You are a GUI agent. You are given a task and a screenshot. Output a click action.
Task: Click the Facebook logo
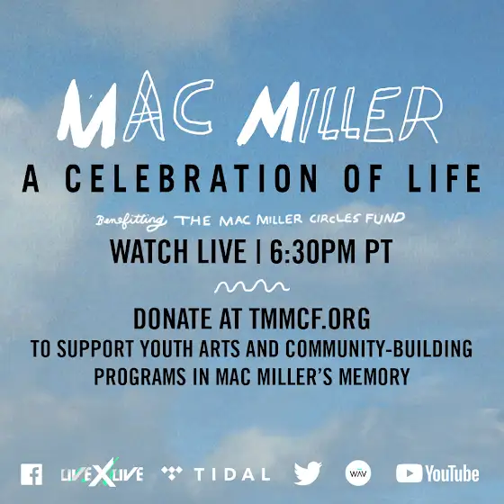click(31, 474)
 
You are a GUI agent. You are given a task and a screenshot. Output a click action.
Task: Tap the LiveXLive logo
click(103, 474)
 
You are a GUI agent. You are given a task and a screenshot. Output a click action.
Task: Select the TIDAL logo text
click(232, 474)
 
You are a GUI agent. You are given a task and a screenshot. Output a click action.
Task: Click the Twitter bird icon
click(308, 473)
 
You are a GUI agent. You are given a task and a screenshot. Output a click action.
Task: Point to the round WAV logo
click(358, 473)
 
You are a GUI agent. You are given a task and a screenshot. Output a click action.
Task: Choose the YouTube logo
click(437, 473)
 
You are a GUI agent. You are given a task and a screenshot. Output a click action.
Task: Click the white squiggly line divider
click(252, 286)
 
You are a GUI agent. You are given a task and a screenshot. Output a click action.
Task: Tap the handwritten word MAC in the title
click(135, 109)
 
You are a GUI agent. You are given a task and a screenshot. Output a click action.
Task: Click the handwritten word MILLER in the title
click(340, 113)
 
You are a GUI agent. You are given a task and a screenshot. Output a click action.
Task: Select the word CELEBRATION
click(191, 178)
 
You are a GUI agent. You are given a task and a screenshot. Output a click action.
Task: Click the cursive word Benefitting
click(131, 221)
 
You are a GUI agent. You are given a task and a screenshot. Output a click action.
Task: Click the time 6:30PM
click(312, 251)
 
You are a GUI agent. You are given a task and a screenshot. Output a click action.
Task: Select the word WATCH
click(148, 251)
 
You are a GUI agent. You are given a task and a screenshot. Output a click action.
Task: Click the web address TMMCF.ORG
click(310, 319)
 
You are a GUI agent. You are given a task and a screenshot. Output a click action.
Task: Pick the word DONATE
click(173, 319)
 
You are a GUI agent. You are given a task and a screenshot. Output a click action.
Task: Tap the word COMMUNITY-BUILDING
click(379, 348)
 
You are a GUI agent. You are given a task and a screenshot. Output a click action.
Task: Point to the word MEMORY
click(374, 376)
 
